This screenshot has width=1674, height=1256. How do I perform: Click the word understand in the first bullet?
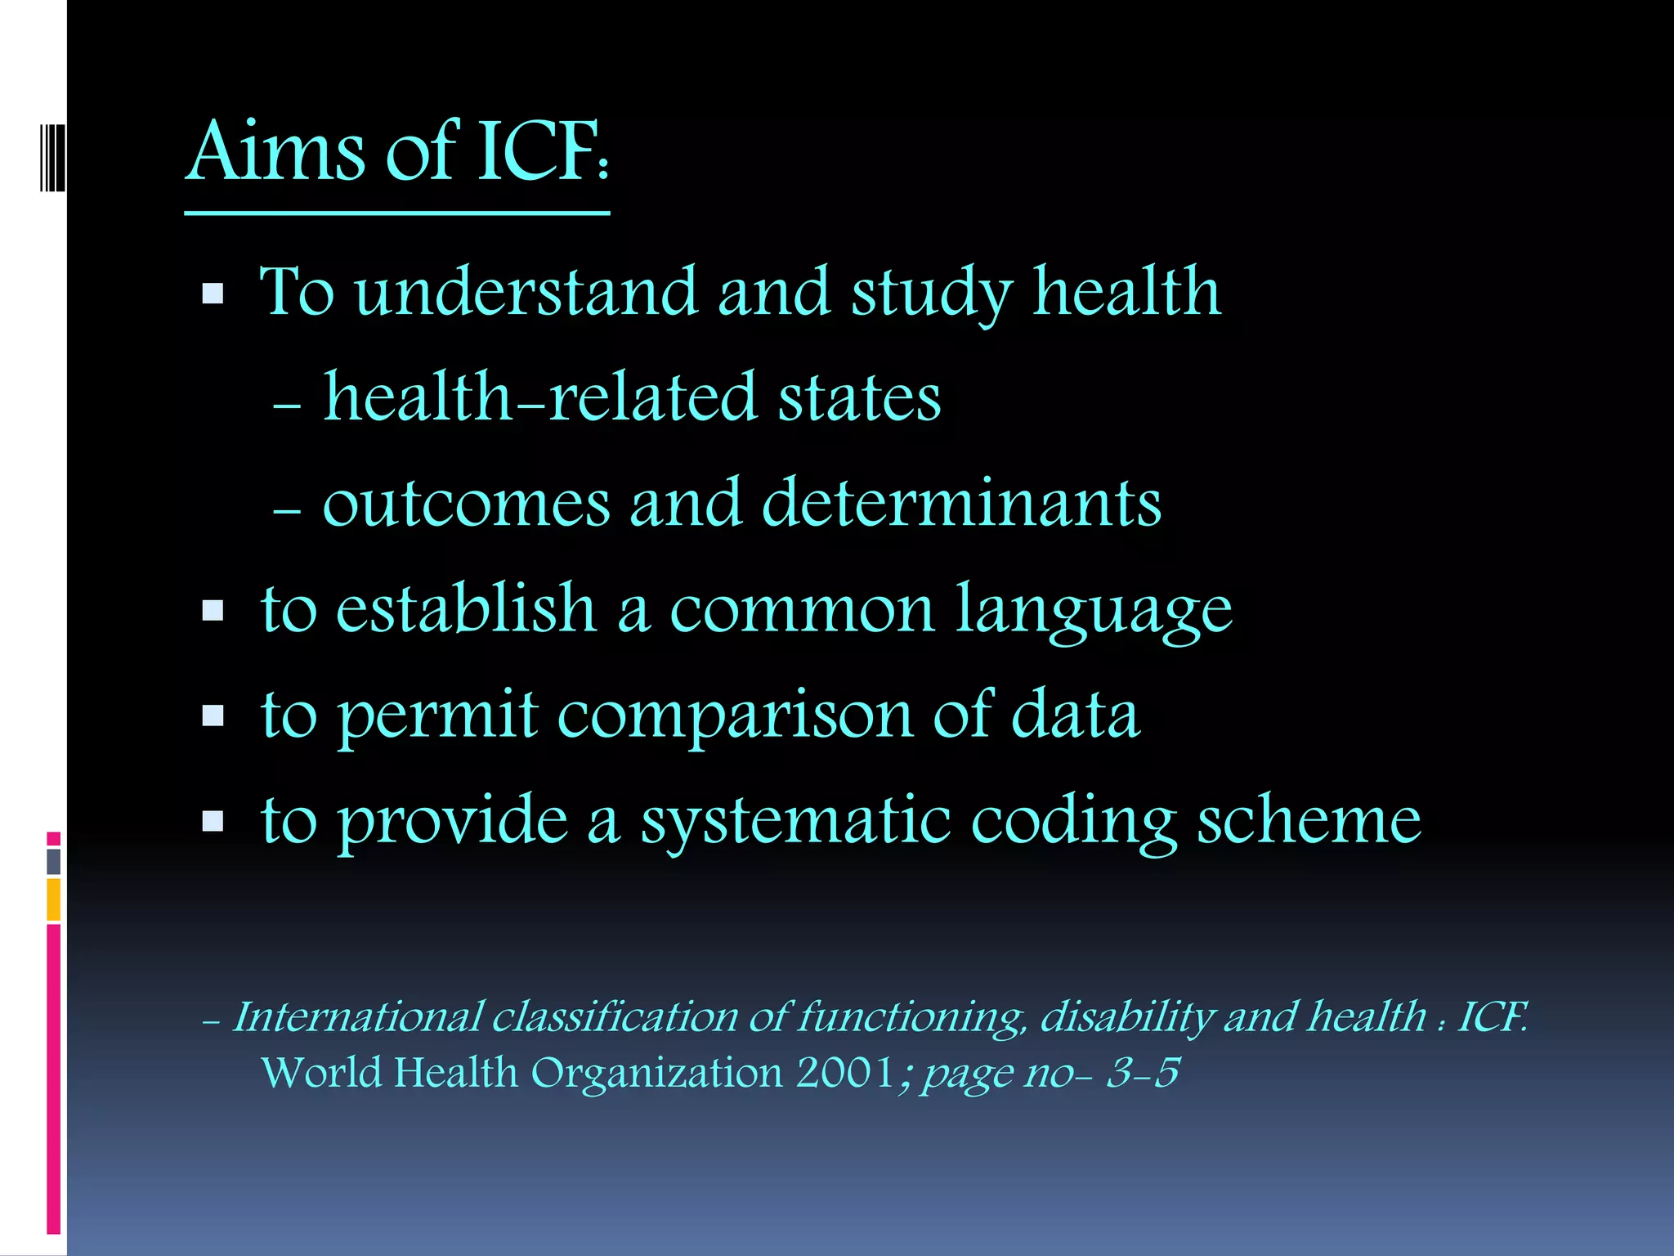click(526, 292)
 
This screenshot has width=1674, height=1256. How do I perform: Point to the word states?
click(859, 397)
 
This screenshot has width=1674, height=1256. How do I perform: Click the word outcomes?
click(466, 504)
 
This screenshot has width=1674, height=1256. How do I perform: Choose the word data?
click(1075, 714)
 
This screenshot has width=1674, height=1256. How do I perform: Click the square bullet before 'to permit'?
click(213, 716)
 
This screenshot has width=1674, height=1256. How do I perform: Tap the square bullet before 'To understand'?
click(213, 294)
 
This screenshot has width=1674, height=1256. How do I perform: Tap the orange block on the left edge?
click(54, 899)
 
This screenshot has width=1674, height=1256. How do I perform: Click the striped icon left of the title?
click(51, 158)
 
